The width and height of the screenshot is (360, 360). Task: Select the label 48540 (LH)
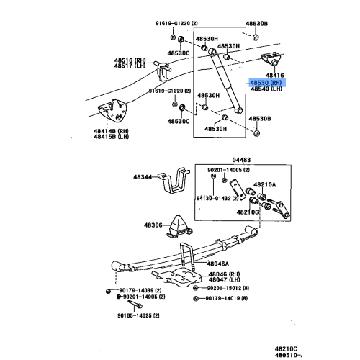(x=266, y=89)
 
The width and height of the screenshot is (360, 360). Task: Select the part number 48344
(x=143, y=176)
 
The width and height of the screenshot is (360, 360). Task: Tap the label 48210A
(x=264, y=184)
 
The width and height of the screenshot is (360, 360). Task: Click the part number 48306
(x=153, y=225)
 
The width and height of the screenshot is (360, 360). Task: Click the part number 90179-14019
(x=230, y=297)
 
